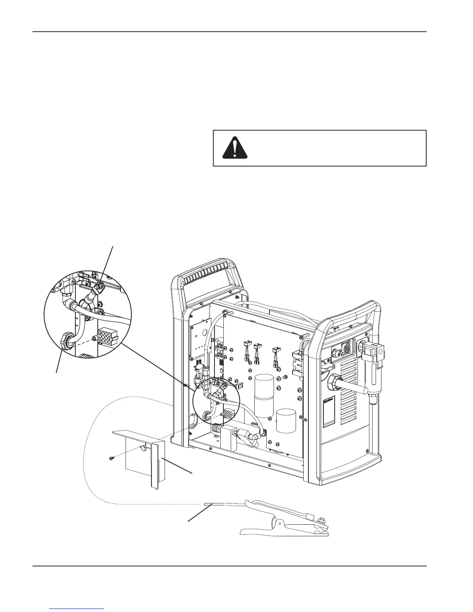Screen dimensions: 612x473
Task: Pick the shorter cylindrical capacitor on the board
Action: [x=286, y=420]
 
